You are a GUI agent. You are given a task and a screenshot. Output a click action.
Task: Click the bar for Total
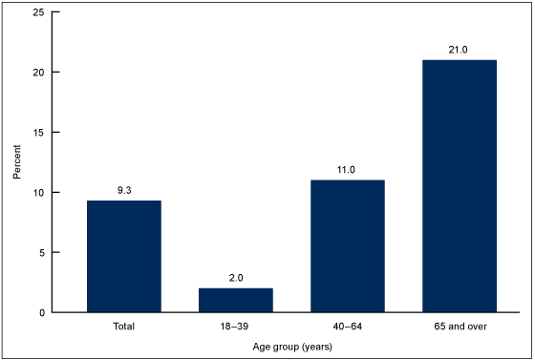[123, 256]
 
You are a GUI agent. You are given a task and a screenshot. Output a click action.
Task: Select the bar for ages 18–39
[235, 300]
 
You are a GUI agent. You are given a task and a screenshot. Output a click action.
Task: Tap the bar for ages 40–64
[347, 245]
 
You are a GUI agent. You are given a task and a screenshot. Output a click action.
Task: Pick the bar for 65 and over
[459, 186]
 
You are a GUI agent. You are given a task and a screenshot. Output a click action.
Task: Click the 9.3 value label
[123, 190]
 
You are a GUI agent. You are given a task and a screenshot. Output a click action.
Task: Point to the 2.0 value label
[235, 278]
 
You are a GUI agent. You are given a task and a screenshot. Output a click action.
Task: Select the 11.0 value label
[347, 169]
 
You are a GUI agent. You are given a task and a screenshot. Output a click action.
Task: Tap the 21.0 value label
[459, 50]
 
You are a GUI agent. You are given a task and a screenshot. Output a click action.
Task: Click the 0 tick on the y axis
[40, 312]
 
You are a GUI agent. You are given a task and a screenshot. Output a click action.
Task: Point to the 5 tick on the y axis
[40, 252]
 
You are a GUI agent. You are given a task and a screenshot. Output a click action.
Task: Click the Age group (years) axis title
[291, 347]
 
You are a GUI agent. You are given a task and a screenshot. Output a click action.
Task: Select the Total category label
[123, 327]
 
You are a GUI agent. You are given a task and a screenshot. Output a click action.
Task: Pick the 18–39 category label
[235, 327]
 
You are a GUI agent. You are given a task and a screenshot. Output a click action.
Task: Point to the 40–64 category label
[347, 327]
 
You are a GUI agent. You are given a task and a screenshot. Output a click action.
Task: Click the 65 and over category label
[459, 327]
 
